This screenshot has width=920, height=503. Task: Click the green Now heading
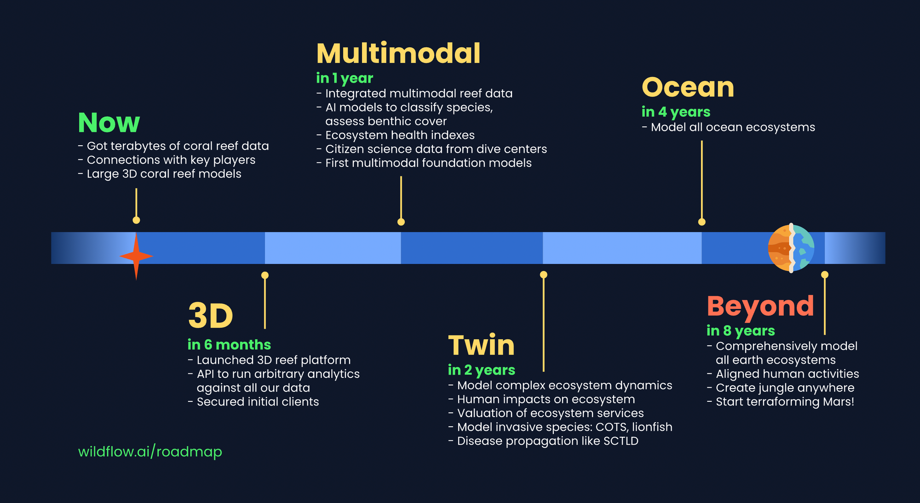109,123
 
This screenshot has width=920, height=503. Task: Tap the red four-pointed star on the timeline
136,256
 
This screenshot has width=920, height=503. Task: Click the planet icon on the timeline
791,248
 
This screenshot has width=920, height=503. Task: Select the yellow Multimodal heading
398,53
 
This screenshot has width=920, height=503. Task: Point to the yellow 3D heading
211,316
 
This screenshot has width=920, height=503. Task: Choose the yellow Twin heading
481,345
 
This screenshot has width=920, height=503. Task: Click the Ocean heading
688,87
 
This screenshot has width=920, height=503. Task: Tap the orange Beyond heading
760,306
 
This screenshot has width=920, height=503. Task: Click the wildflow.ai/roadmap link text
150,452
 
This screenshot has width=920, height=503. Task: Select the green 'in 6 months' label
229,344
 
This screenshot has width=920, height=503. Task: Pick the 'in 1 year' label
345,78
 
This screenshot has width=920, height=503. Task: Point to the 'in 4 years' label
676,112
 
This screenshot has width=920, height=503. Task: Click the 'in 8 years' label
741,331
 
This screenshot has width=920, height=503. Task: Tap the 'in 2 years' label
481,370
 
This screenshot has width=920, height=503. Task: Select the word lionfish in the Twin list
652,427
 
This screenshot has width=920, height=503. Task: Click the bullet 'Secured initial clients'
258,401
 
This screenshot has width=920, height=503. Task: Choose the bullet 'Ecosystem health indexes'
400,135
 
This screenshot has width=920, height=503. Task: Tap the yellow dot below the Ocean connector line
701,222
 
